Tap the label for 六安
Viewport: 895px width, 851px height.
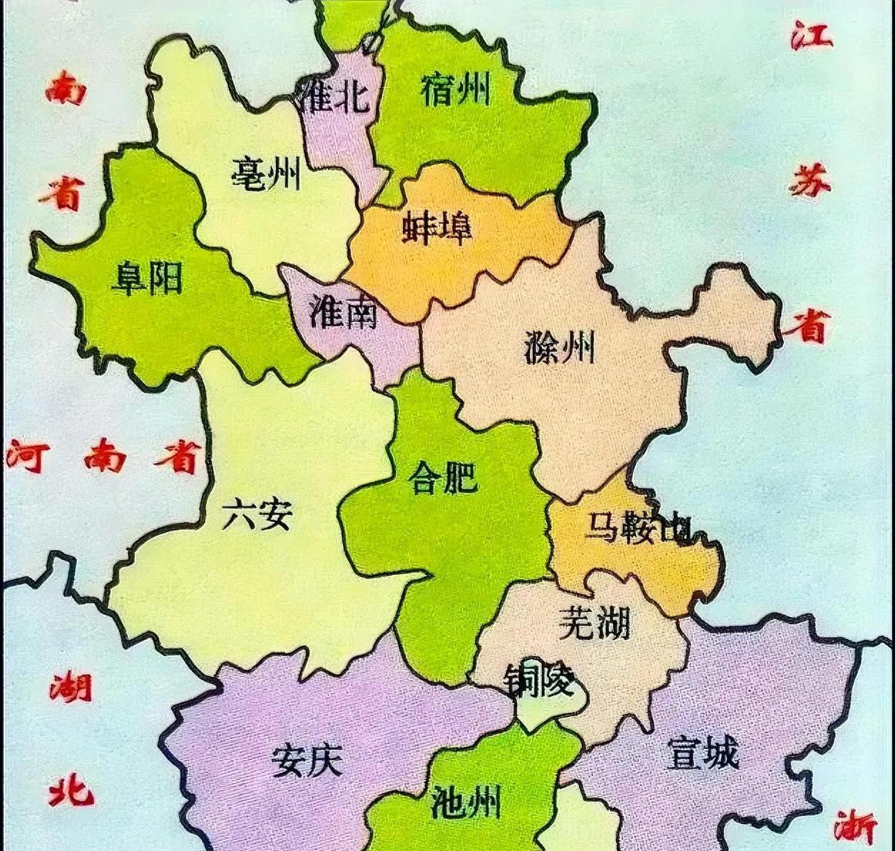coord(257,514)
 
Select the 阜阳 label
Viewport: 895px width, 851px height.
coord(148,278)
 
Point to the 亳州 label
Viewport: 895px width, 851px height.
coord(266,173)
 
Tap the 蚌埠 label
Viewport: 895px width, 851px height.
coord(437,227)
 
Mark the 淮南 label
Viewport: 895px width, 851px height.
coord(344,311)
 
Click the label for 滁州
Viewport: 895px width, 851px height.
coord(559,347)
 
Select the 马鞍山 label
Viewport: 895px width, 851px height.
coord(637,528)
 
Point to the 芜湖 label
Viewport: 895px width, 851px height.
coord(594,622)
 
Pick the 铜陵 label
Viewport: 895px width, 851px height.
coord(539,681)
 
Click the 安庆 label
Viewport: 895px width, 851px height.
coord(307,760)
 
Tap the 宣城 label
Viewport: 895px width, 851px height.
coord(702,753)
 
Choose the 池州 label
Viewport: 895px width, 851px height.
coord(466,802)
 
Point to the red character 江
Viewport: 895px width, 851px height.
coord(812,34)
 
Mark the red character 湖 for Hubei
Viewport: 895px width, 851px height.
coord(71,686)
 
